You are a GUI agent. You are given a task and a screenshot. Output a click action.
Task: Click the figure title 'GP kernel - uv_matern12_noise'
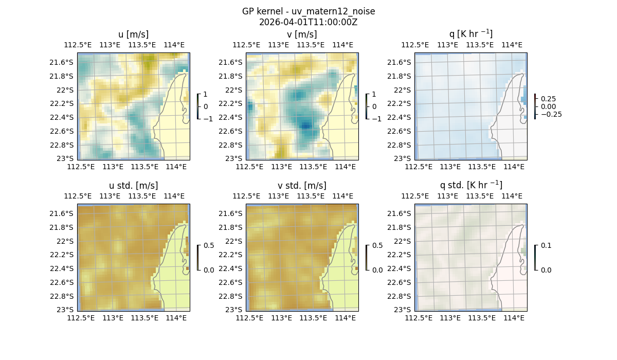[x=308, y=11]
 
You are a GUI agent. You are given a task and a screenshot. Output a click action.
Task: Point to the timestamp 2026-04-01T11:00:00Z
[x=308, y=22]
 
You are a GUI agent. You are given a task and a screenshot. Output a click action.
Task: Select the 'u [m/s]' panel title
[x=133, y=34]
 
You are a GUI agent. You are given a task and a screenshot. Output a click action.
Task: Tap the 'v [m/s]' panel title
[x=302, y=34]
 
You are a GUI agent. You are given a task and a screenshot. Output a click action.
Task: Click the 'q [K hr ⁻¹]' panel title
[x=470, y=34]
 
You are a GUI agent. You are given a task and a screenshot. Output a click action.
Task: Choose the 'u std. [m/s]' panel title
[x=133, y=186]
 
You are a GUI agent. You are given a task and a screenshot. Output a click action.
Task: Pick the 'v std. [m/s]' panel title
[x=302, y=186]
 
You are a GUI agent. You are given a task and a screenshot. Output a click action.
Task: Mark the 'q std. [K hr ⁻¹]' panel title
[x=470, y=185]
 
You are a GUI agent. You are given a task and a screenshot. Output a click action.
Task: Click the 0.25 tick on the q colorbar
[x=547, y=99]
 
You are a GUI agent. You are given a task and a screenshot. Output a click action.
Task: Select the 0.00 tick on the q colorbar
[x=547, y=106]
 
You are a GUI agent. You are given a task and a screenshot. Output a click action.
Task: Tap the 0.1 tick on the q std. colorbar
[x=546, y=246]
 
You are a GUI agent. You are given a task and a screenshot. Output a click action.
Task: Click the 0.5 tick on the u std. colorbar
[x=209, y=246]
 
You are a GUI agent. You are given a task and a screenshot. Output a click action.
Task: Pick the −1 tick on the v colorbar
[x=376, y=119]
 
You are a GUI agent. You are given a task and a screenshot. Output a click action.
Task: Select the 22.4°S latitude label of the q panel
[x=401, y=117]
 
